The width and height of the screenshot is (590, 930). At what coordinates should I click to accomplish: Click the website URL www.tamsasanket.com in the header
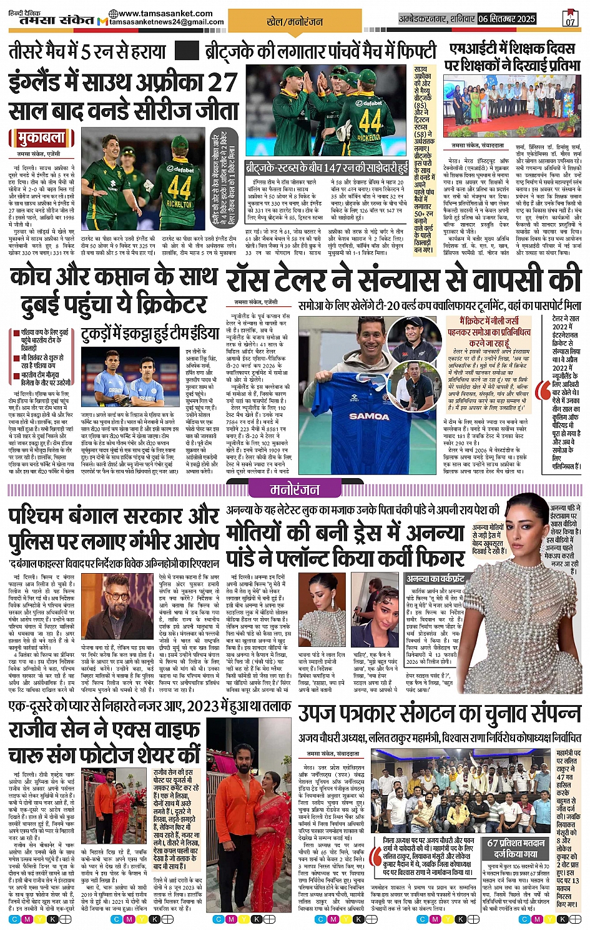point(160,13)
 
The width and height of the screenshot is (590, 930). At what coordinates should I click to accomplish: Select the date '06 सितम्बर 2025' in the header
point(507,19)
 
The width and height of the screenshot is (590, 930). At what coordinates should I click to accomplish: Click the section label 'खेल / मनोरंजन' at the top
point(295,22)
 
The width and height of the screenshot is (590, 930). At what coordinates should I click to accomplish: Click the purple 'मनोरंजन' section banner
point(294,489)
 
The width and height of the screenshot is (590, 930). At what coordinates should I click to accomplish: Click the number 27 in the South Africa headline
point(222,83)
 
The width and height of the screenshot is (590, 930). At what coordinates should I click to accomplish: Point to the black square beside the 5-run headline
point(187,51)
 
